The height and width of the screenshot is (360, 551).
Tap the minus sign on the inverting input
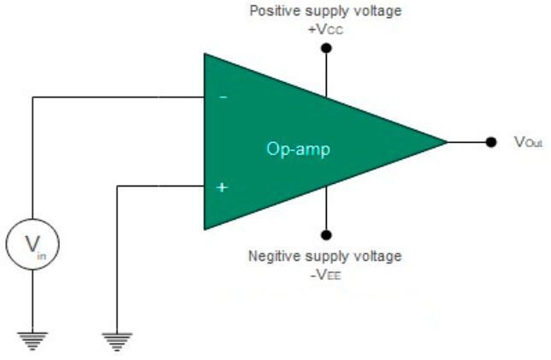(x=222, y=98)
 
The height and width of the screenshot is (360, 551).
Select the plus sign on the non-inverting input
(x=222, y=186)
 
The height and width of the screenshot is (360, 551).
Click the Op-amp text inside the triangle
(x=298, y=149)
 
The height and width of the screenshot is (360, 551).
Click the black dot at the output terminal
(x=490, y=142)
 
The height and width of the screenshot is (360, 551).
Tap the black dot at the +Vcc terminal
(x=325, y=49)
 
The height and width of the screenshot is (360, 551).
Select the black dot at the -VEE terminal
(x=325, y=235)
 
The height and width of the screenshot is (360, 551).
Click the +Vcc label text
(x=324, y=27)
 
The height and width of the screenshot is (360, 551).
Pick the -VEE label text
(x=324, y=274)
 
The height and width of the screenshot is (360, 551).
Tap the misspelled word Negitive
(x=272, y=257)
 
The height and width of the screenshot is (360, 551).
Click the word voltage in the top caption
(x=379, y=11)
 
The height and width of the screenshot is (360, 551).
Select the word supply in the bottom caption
(x=328, y=257)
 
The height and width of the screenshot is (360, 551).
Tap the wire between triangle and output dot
(x=468, y=142)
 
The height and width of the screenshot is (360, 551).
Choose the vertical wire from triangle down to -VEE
(x=325, y=214)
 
